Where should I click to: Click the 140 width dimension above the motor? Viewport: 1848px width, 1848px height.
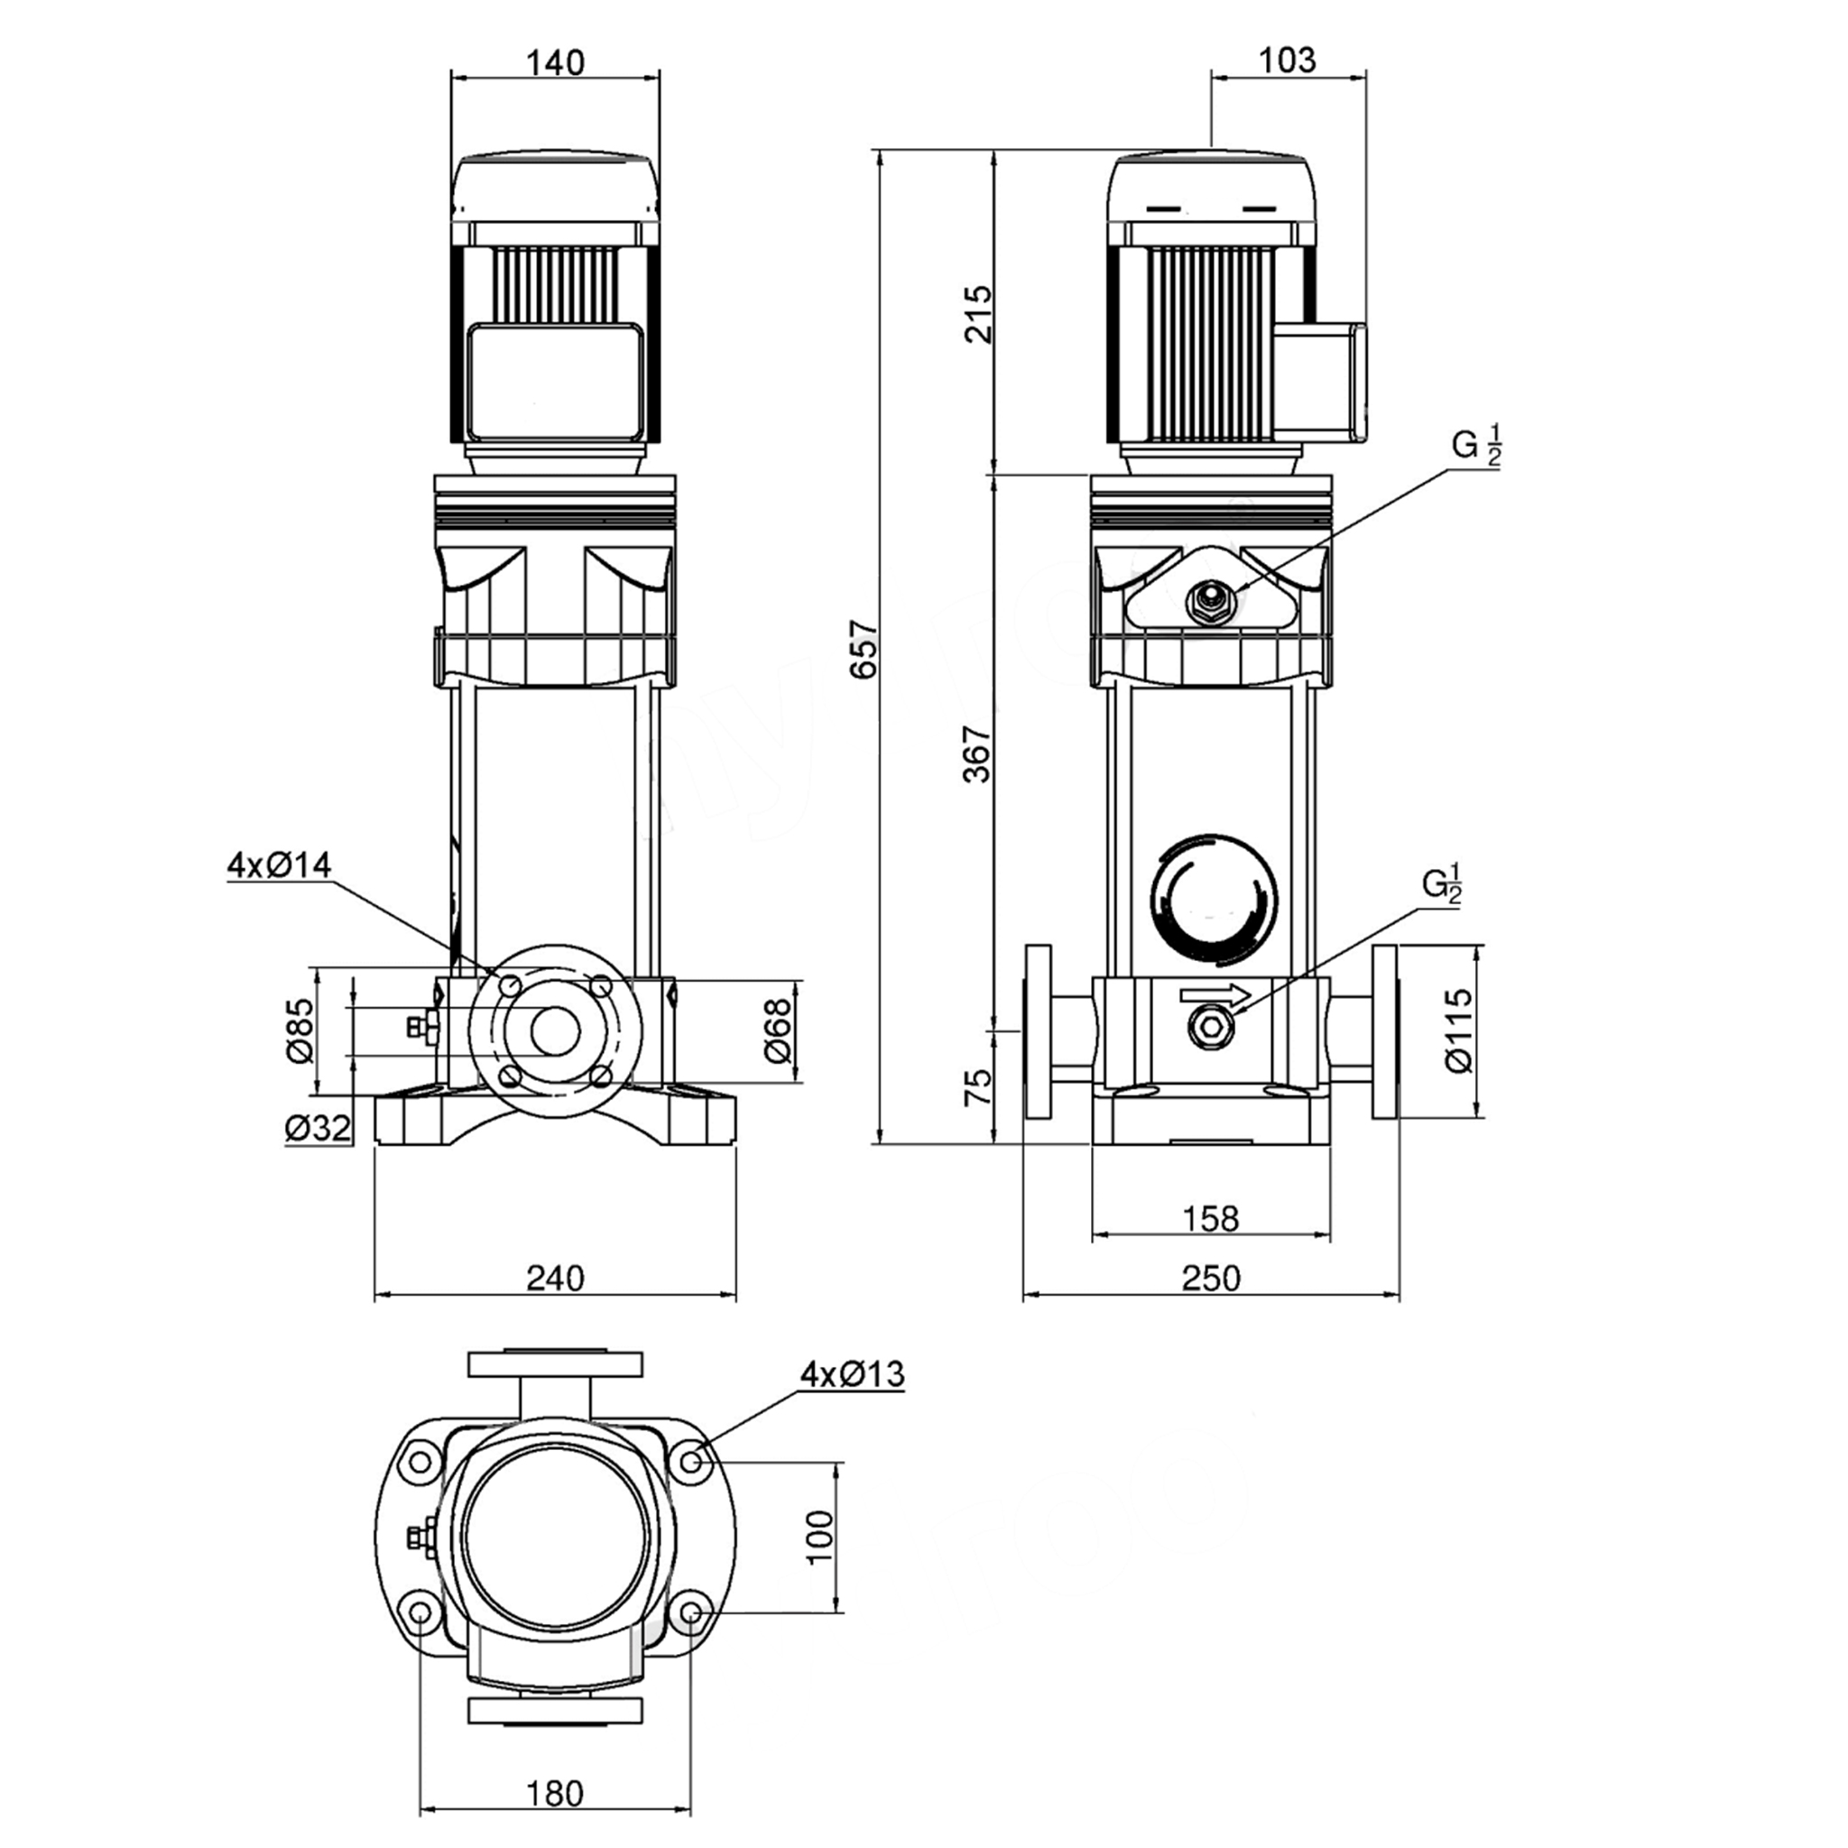555,62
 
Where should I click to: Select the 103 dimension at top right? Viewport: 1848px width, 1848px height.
1287,60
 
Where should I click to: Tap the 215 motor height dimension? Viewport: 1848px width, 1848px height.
977,313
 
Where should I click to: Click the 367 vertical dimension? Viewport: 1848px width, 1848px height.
977,753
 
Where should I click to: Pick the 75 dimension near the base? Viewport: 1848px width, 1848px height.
977,1087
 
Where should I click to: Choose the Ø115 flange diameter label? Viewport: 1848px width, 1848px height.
1460,1030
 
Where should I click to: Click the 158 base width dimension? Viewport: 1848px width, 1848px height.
1210,1218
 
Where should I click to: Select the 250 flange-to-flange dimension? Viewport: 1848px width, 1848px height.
1210,1278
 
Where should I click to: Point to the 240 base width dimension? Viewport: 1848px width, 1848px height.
555,1278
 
